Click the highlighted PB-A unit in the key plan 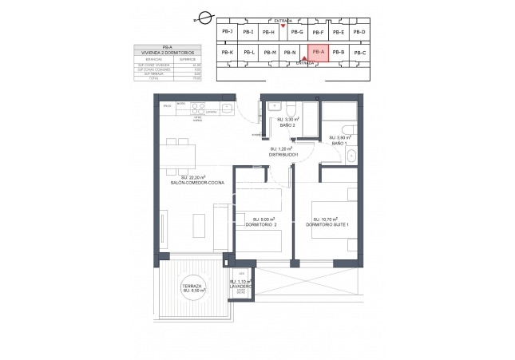coord(319,52)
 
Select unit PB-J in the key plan coord(227,32)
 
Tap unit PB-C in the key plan coord(359,53)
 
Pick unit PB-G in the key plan coord(297,32)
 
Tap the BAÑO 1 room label coord(340,142)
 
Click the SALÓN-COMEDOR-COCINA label coord(196,183)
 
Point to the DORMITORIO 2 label coord(263,224)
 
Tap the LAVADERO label coord(242,286)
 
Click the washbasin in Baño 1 coord(350,158)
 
